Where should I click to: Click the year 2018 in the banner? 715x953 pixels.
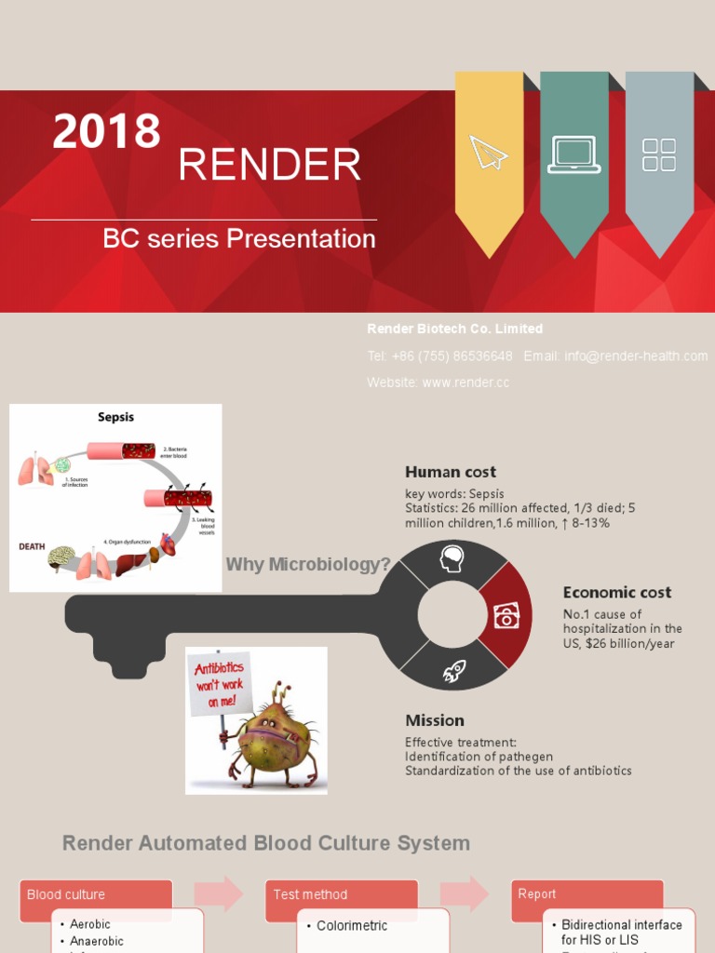pos(106,131)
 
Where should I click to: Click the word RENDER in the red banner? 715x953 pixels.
pos(269,166)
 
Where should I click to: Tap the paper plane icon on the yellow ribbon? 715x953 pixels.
pos(489,153)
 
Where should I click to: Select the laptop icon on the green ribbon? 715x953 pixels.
pos(573,154)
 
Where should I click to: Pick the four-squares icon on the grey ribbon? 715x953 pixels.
pos(659,155)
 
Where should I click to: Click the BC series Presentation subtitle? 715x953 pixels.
pos(239,239)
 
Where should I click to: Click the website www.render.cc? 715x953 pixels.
pos(465,383)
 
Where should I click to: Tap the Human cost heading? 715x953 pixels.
pos(451,472)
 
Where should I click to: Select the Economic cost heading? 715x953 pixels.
pos(616,592)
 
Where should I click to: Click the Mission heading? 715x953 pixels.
pos(435,719)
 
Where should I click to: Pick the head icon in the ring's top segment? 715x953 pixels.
pos(452,558)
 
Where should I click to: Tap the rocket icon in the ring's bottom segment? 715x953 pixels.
pos(454,671)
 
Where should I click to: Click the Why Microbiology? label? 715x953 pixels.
pos(308,565)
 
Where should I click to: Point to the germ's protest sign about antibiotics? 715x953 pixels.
pos(220,682)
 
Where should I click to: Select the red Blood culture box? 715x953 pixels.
pos(96,894)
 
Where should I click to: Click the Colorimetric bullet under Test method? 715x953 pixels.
pos(352,926)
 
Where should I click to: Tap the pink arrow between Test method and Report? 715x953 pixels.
pos(465,893)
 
